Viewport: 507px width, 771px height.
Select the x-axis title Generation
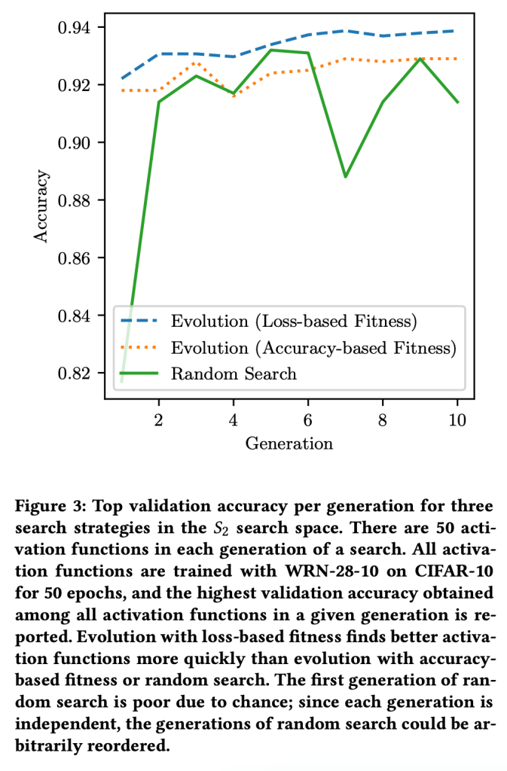(x=289, y=443)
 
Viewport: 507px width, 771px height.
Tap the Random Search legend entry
(x=234, y=373)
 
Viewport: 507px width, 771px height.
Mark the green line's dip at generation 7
(x=345, y=177)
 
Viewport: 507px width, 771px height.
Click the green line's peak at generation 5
(x=270, y=50)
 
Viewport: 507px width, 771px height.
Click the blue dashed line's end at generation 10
(x=457, y=31)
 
